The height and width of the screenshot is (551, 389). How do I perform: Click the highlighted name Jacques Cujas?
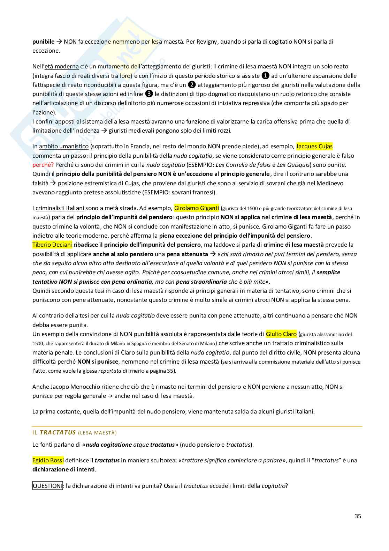[314, 147]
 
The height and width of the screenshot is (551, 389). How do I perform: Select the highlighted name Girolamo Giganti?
[197, 208]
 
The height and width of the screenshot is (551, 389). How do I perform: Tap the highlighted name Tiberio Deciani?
[52, 245]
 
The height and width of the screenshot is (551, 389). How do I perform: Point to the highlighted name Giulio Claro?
[281, 334]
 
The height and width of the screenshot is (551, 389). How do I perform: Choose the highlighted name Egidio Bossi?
[48, 460]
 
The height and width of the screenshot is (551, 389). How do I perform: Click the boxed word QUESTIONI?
[48, 485]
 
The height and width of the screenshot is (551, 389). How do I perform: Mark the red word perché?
[43, 165]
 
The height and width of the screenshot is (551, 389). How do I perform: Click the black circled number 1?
[265, 76]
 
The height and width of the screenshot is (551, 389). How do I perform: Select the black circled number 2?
[192, 85]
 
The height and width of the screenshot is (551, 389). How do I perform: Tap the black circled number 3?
[149, 94]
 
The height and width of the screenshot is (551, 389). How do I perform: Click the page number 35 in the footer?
[358, 516]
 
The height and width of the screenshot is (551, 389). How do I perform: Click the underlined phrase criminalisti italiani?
[60, 208]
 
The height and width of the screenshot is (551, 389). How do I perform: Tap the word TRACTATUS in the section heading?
[58, 432]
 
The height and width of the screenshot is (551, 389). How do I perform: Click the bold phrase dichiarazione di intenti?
[64, 469]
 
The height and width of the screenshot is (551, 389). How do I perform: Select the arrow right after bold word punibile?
[59, 42]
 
